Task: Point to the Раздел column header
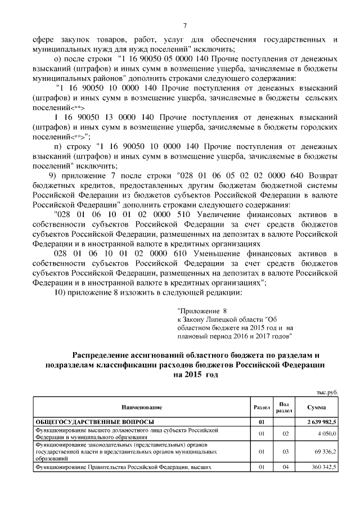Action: click(x=262, y=406)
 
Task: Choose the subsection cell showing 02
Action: click(x=285, y=434)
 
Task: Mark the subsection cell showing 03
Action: click(x=285, y=451)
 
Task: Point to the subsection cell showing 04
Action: click(x=285, y=467)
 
